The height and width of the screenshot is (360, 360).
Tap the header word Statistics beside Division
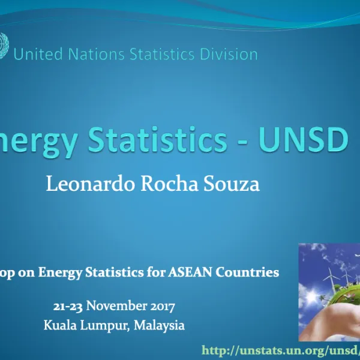pos(160,55)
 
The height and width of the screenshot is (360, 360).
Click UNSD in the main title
pos(304,139)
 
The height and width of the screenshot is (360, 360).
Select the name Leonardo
pos(91,184)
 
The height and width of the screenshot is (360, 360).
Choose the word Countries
pos(250,272)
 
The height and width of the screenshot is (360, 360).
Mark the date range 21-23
pos(68,307)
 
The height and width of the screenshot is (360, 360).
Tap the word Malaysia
pos(159,326)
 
